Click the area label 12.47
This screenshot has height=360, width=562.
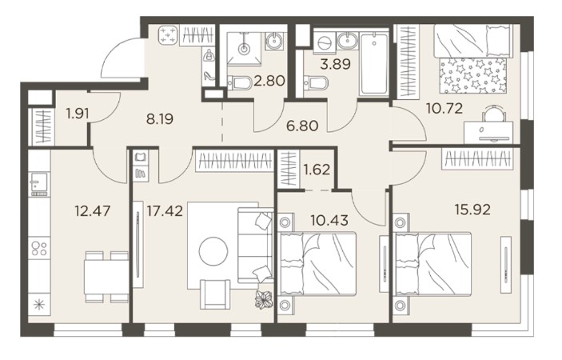coord(93,211)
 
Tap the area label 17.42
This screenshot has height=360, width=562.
coord(165,211)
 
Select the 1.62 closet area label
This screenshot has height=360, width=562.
coord(317,170)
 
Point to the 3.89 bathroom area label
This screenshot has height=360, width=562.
coord(335,65)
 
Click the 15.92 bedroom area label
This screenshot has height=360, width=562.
coord(472,210)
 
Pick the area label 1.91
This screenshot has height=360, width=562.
coord(78,114)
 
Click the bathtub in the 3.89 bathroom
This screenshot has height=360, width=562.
coord(374,63)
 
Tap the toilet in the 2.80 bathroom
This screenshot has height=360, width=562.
coord(239,83)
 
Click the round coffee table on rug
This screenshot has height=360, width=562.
coord(213,251)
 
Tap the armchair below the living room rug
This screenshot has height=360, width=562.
coord(215,294)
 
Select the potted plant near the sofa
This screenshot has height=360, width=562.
coord(264,298)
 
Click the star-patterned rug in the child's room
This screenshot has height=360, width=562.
coord(472,76)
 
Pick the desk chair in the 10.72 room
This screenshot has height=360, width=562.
coord(494,114)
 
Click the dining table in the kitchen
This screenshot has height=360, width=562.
coord(106,277)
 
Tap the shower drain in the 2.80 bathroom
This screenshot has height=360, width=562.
coord(245,48)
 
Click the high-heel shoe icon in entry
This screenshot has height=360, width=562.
coord(209,75)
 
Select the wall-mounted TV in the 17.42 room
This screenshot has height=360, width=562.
coord(138,244)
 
